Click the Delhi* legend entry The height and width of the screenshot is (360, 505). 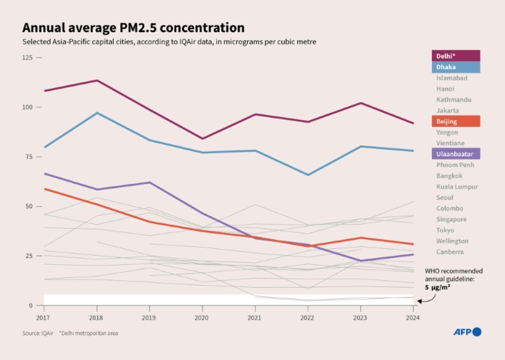coord(455,56)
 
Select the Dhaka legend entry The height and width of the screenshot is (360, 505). coord(455,67)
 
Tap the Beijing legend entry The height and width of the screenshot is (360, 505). coord(455,121)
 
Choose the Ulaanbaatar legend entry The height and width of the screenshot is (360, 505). coord(455,154)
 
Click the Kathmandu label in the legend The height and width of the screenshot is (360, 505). coord(453,100)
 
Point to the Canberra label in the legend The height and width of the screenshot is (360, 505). coord(450,252)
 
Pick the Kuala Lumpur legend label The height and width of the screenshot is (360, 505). coord(457,187)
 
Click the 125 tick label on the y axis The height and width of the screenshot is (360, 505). coord(27,57)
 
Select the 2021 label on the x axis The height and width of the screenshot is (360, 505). coord(255,318)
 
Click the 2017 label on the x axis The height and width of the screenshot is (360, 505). coord(44,318)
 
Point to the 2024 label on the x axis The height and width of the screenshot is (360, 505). coord(413,318)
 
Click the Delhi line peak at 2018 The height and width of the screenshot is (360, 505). coord(97,80)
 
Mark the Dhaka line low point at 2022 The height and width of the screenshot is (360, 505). coord(307,175)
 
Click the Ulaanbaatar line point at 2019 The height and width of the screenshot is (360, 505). coord(149,182)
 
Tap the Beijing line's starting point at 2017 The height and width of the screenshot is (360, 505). coord(44,189)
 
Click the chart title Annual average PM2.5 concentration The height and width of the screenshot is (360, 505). coord(133,28)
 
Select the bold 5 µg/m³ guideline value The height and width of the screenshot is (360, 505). coord(437,287)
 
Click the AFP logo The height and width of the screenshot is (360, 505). coord(467,332)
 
